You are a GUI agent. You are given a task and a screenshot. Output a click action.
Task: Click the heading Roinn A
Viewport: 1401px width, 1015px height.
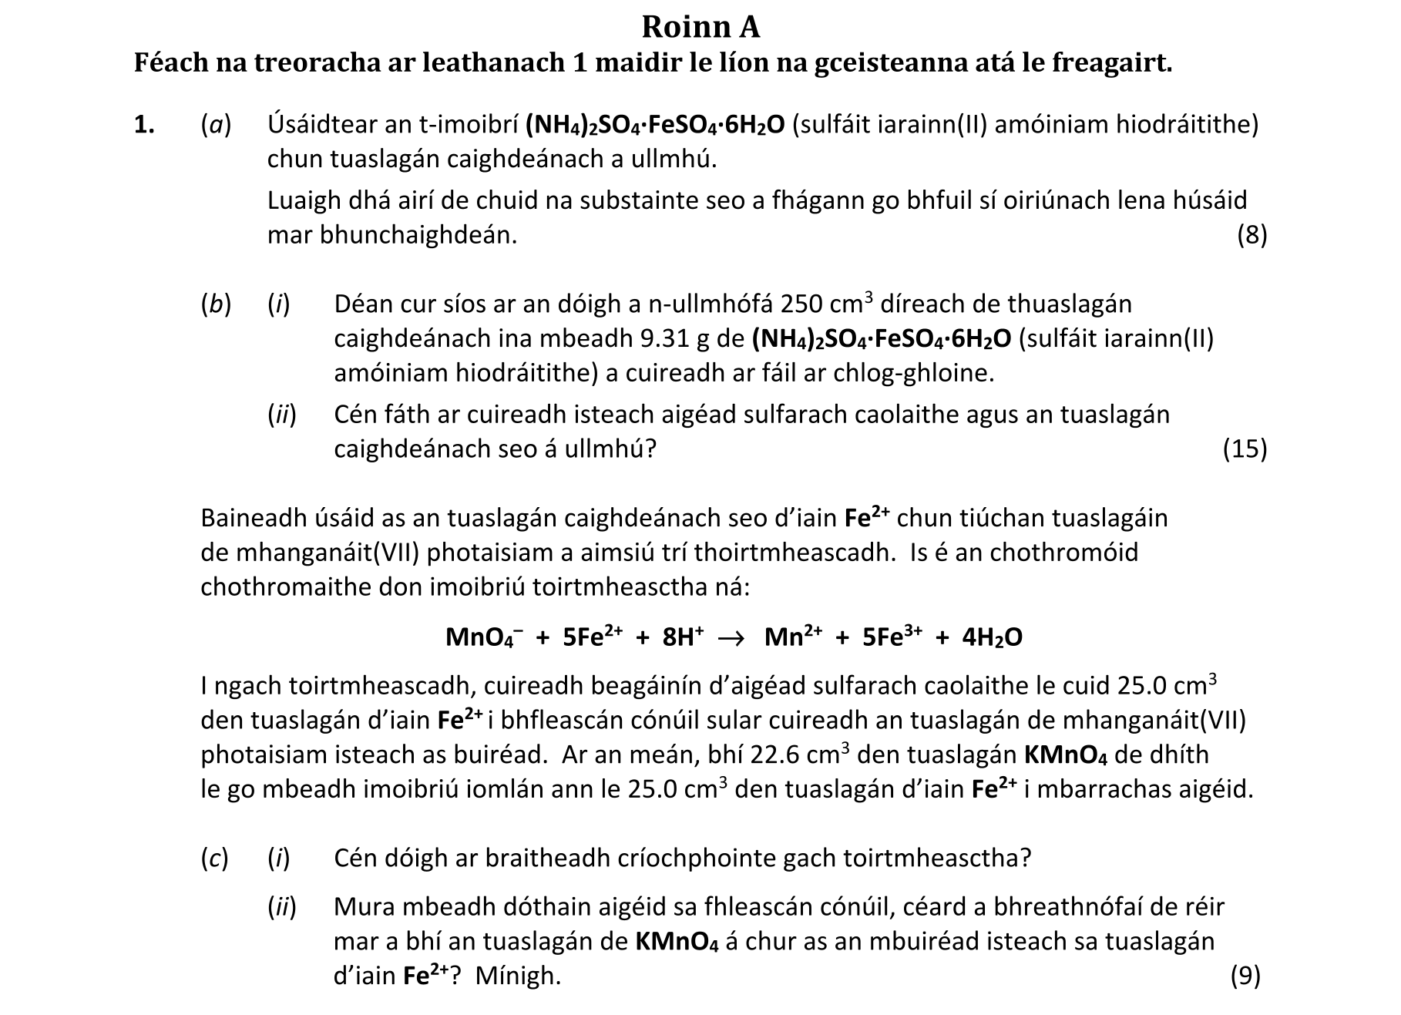tap(700, 27)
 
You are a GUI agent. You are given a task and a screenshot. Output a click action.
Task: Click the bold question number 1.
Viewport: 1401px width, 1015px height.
tap(144, 124)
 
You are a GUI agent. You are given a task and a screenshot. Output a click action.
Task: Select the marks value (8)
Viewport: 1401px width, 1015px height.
tap(1251, 235)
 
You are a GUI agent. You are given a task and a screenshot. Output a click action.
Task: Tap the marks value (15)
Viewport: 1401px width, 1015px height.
tap(1245, 449)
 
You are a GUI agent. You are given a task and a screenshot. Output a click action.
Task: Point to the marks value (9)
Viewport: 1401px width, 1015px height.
tap(1245, 976)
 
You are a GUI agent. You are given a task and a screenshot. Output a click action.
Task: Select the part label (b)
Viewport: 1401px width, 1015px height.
tap(216, 304)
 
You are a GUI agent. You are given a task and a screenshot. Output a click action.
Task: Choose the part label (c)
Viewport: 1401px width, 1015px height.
tap(215, 858)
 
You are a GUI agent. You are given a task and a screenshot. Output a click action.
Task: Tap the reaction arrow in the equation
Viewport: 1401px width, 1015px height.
tap(731, 638)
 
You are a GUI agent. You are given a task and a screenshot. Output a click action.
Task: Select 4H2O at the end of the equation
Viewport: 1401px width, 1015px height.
tap(992, 638)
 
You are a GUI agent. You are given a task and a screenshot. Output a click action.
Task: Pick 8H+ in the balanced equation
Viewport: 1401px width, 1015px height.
tap(683, 638)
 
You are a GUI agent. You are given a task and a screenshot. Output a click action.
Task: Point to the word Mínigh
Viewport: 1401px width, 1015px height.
tap(518, 976)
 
